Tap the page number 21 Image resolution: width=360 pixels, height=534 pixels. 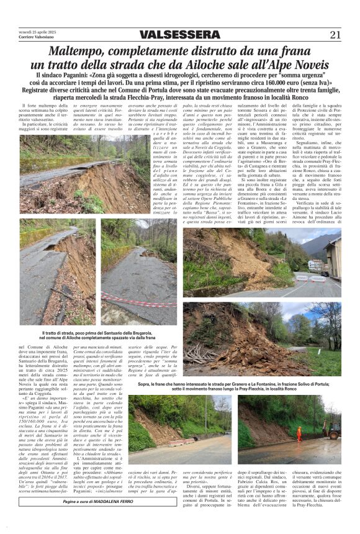point(335,35)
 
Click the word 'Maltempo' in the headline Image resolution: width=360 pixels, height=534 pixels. point(79,51)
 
